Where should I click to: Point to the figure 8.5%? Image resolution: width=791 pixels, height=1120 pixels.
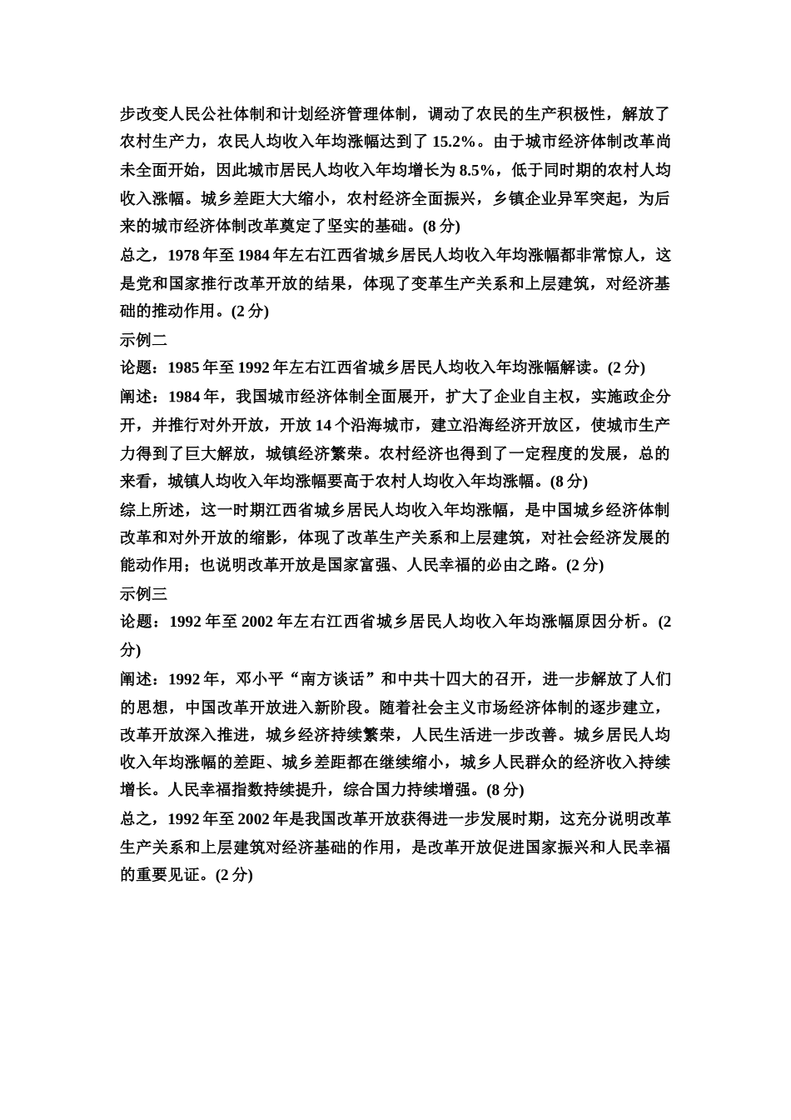click(x=477, y=170)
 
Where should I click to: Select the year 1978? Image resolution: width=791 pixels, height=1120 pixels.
click(x=184, y=255)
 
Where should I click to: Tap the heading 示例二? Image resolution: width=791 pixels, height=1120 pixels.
click(x=144, y=339)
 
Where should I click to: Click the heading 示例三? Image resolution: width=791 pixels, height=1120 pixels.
click(x=144, y=592)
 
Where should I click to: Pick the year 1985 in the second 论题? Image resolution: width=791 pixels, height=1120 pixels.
click(x=184, y=367)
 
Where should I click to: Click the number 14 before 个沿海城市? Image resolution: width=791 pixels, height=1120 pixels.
click(x=325, y=425)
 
